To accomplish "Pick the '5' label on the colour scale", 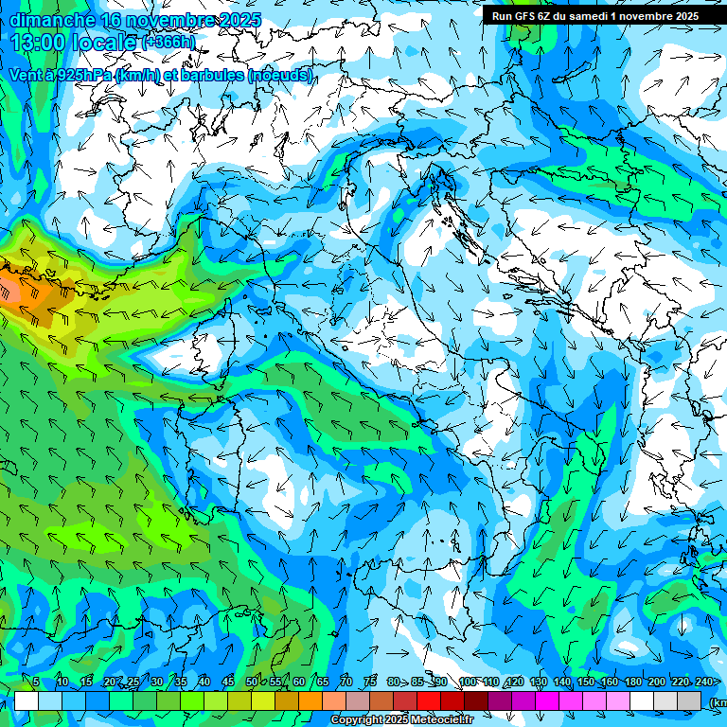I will pyautogui.click(x=36, y=683).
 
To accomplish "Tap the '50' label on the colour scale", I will pyautogui.click(x=251, y=683).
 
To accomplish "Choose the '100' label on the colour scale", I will pyautogui.click(x=467, y=683).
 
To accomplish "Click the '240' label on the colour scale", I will pyautogui.click(x=704, y=683).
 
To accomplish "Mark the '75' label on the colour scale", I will pyautogui.click(x=370, y=683).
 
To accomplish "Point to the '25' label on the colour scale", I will pyautogui.click(x=133, y=683).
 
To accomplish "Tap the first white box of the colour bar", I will pyautogui.click(x=27, y=700).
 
